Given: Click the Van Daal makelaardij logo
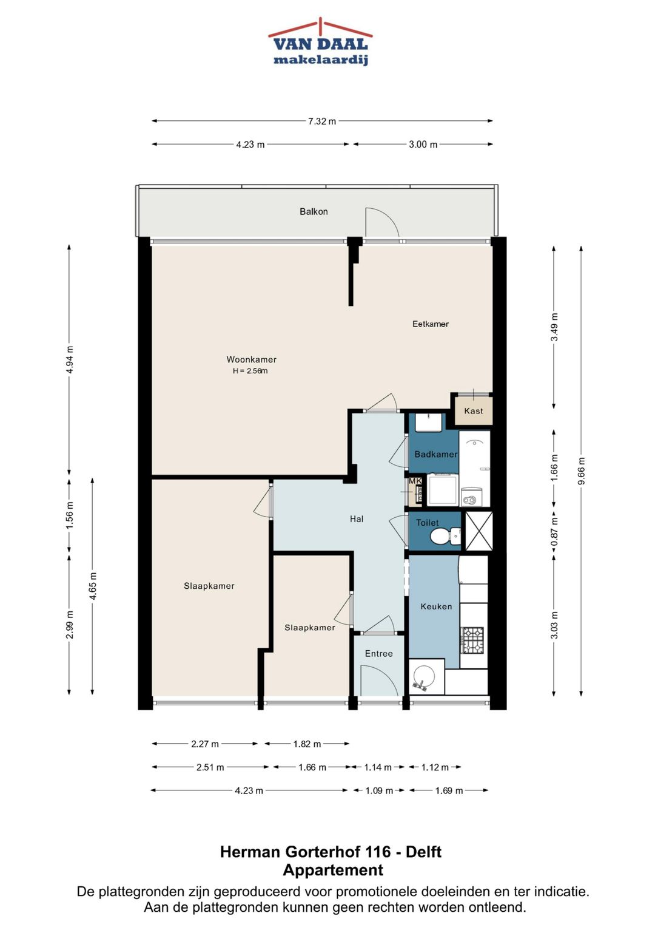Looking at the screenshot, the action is (x=320, y=42).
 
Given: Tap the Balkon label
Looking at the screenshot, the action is (x=314, y=211).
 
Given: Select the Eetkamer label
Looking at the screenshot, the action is (x=430, y=324).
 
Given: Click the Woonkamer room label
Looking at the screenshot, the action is (x=251, y=359).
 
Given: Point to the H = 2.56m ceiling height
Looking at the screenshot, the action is (x=250, y=371).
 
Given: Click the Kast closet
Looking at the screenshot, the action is (x=474, y=410).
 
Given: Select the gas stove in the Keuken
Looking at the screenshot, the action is (x=473, y=640).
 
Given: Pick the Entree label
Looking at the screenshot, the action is (x=378, y=653).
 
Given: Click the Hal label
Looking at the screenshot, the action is (x=357, y=519).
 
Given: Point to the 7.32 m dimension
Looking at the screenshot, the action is (x=321, y=121).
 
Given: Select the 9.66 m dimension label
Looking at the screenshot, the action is (x=581, y=471).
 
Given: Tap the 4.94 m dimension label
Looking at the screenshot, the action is (x=70, y=359).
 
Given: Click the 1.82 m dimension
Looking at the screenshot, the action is (x=307, y=744).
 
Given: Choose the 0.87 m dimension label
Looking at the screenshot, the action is (x=554, y=532).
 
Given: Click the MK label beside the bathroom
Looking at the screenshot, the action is (x=415, y=481).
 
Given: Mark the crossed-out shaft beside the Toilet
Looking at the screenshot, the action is (x=479, y=531).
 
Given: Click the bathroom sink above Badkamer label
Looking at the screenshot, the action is (x=428, y=423).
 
